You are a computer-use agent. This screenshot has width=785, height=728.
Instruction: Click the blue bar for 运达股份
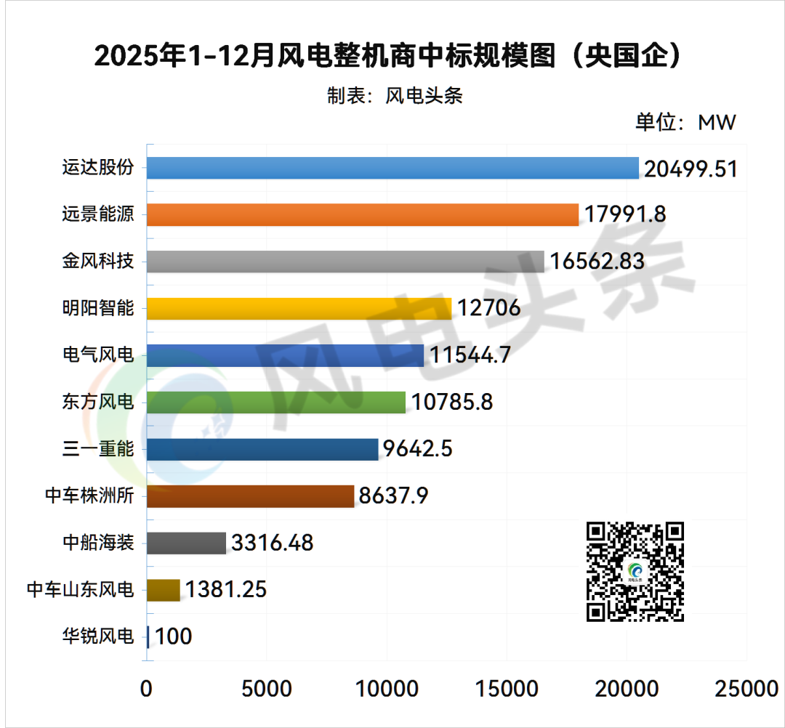(392, 168)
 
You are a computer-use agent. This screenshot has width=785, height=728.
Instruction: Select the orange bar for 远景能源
(363, 214)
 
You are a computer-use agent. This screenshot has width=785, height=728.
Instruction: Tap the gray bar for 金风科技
(345, 262)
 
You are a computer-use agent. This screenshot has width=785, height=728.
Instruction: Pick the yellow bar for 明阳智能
(299, 308)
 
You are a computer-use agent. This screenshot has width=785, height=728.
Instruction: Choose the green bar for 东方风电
(276, 402)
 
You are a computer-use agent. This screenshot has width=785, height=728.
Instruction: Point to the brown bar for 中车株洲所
(250, 496)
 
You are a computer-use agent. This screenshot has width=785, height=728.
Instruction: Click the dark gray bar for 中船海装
(187, 543)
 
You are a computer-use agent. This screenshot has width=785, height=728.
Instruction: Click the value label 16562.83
(597, 262)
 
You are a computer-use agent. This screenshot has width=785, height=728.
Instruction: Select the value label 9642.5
(418, 449)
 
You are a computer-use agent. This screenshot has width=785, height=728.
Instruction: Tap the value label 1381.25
(226, 589)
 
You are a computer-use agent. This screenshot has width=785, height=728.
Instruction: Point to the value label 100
(174, 636)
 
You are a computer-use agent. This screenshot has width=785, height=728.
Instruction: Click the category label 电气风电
(98, 355)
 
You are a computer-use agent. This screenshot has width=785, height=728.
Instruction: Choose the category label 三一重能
(98, 449)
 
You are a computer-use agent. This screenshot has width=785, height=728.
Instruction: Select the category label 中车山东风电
(80, 589)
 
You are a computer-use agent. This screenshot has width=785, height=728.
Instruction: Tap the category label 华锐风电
(98, 636)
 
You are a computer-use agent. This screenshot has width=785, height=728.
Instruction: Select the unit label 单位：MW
(685, 122)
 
